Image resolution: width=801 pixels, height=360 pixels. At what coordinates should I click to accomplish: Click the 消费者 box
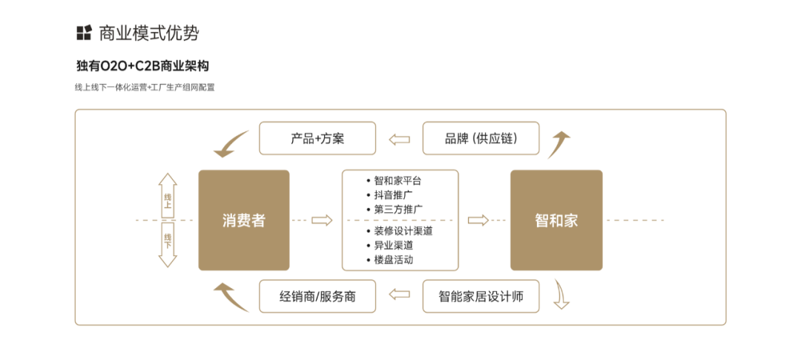(x=243, y=220)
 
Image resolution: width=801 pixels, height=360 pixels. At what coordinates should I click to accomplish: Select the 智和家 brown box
(x=556, y=220)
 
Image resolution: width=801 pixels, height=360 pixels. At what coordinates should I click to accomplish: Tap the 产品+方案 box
(x=317, y=139)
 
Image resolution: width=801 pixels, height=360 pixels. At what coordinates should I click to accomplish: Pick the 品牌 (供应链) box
(x=481, y=139)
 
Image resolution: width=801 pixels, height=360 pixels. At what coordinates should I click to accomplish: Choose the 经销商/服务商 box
(x=317, y=296)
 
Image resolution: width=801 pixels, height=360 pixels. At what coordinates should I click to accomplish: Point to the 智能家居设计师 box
(x=481, y=296)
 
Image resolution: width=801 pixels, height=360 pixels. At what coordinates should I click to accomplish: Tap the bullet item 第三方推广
(x=398, y=209)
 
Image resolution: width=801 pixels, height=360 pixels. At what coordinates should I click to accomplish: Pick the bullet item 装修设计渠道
(x=403, y=231)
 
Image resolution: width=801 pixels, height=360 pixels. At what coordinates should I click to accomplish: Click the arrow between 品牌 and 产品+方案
(x=400, y=139)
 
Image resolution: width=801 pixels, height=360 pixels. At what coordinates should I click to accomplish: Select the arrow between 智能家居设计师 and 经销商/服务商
(x=400, y=295)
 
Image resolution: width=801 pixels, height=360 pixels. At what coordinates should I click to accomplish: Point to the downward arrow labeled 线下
(x=168, y=244)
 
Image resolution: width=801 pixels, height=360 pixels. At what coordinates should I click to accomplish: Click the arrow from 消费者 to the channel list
(x=321, y=220)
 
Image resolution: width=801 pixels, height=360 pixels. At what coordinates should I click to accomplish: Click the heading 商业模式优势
(x=148, y=33)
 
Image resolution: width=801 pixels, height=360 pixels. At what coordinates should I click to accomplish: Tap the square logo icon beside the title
(x=84, y=33)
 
